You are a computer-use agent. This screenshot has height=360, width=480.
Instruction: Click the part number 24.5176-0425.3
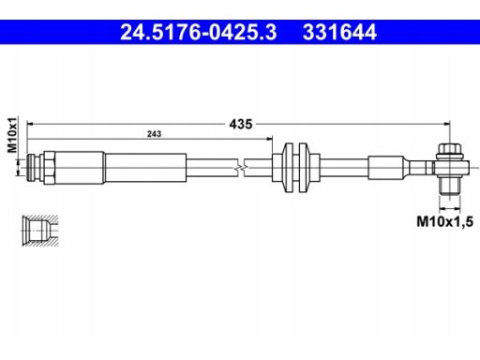point(199,32)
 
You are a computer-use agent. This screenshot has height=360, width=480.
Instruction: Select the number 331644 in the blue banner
point(339,32)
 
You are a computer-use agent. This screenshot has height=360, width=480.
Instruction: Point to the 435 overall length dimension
point(241,124)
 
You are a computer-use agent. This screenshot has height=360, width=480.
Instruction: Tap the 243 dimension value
point(154,134)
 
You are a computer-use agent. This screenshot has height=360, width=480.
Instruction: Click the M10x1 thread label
point(12,135)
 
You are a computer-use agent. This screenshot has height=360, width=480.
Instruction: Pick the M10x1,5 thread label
point(444,221)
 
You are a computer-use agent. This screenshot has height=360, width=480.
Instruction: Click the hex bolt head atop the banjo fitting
point(450,151)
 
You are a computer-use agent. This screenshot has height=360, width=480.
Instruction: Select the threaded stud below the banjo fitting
point(450,186)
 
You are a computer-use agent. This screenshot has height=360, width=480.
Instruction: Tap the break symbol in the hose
point(241,168)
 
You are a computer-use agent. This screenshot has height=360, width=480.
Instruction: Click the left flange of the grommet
point(289,168)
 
